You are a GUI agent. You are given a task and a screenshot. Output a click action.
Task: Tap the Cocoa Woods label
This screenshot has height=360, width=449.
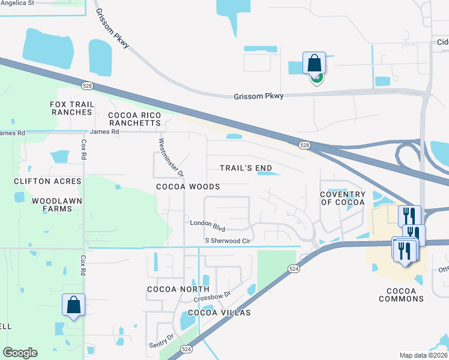(188, 187)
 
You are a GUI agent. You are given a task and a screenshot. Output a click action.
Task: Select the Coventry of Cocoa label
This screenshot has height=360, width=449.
(342, 198)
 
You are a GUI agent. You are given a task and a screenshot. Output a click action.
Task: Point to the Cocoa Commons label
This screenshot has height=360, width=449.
(402, 295)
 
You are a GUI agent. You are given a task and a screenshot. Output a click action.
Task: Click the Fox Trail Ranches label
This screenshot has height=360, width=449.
(72, 108)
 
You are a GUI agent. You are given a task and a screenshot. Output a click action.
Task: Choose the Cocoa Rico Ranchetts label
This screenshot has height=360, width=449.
(135, 118)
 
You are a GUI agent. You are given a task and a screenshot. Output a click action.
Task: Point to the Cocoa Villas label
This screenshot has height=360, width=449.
(219, 313)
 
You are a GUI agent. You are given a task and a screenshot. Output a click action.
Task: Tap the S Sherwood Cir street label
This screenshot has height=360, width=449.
(227, 241)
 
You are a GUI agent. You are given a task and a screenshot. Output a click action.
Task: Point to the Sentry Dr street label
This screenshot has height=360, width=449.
(161, 342)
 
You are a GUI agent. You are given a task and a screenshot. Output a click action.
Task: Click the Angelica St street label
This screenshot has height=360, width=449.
(17, 3)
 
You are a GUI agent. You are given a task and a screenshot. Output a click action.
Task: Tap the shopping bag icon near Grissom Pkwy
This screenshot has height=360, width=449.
(315, 63)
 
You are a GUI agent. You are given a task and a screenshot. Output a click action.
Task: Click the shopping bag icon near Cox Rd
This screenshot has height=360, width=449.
(73, 304)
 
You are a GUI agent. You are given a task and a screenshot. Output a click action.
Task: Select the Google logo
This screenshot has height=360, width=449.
(20, 353)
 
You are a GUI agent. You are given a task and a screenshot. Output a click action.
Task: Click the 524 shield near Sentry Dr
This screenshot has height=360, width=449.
(186, 349)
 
